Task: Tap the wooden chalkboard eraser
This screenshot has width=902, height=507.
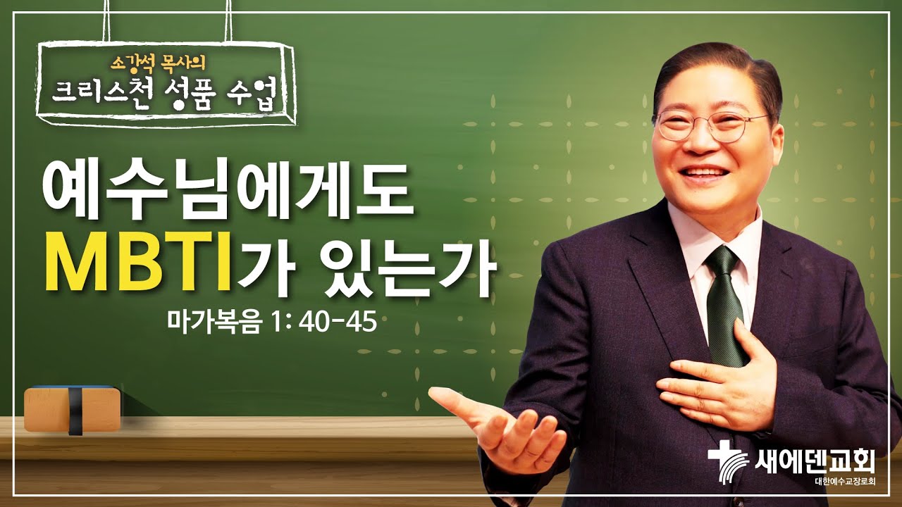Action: pos(70,408)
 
